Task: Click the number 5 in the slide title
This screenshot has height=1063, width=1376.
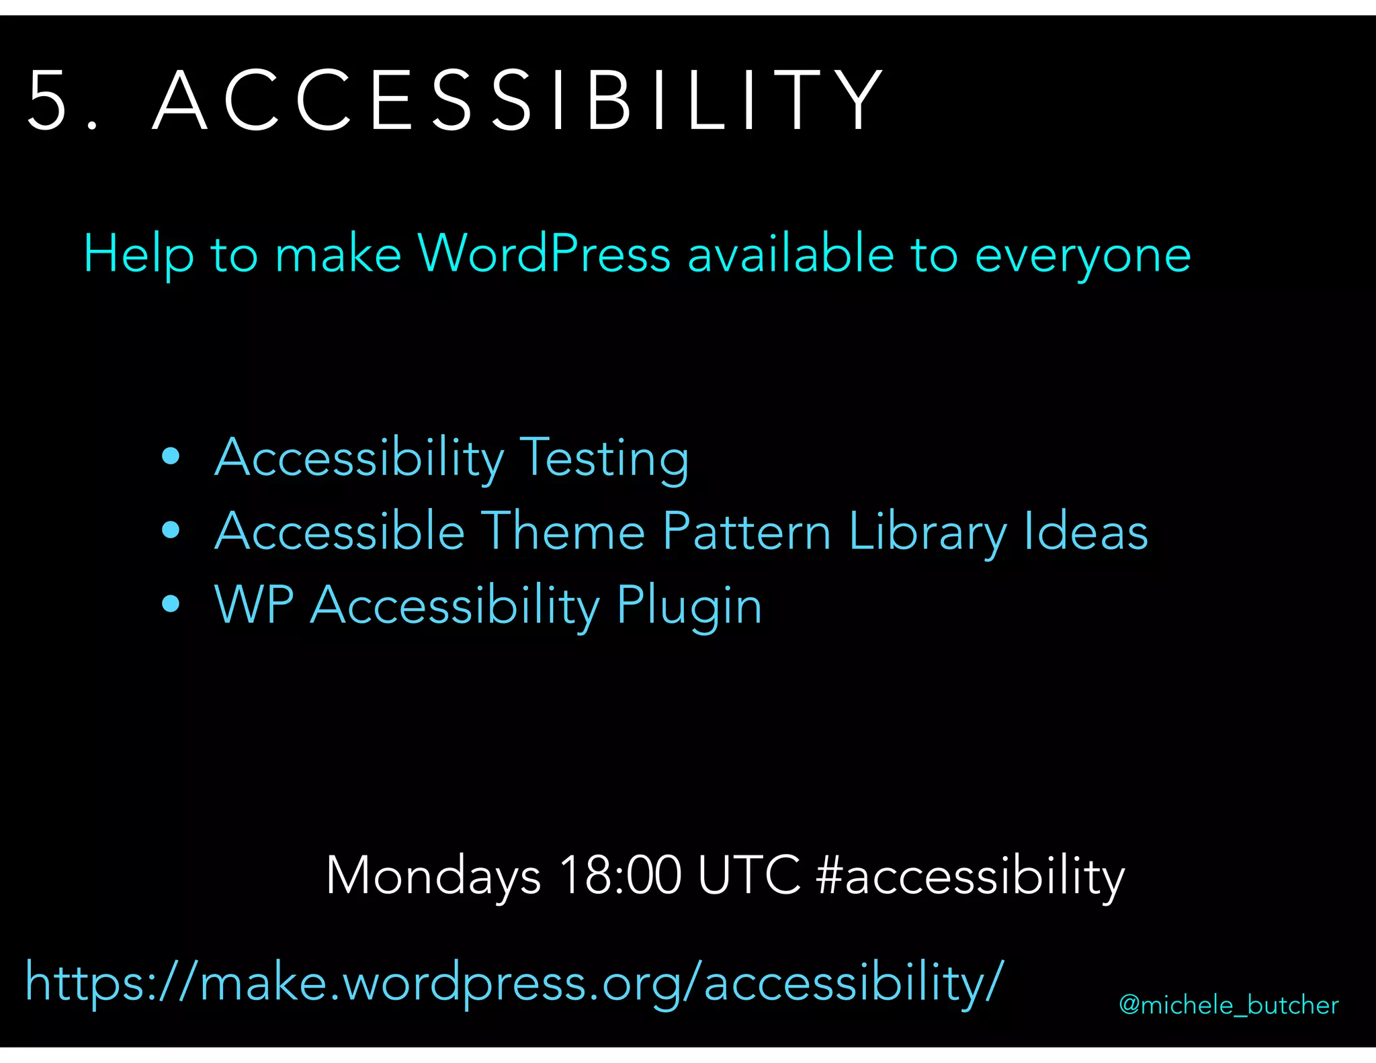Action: (48, 101)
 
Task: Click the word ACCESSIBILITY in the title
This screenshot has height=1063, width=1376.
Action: (517, 101)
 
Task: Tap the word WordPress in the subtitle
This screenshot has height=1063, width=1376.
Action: (544, 255)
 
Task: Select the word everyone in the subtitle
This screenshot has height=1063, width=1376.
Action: (1082, 256)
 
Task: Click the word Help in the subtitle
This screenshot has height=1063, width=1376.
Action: (138, 255)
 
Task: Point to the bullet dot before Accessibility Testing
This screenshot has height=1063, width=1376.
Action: (171, 457)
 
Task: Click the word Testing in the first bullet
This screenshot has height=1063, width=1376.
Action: (605, 458)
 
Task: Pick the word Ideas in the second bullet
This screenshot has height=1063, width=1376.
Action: (1086, 531)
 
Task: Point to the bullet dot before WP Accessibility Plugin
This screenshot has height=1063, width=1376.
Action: (171, 604)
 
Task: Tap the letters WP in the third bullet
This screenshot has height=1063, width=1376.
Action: (254, 605)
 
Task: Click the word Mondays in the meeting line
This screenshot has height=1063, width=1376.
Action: (433, 876)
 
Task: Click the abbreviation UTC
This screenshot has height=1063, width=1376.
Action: (749, 876)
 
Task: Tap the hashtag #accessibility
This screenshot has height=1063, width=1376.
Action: (970, 876)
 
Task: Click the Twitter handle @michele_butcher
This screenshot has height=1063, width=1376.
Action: (1228, 1005)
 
